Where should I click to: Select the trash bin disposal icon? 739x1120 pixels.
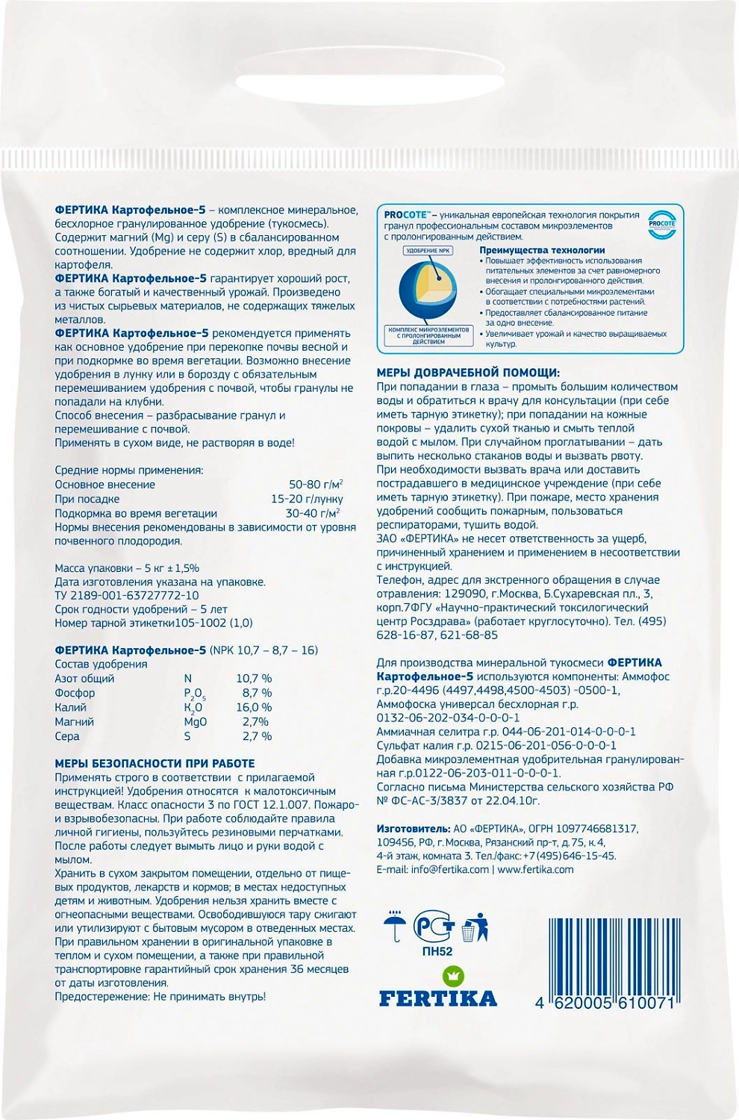(475, 927)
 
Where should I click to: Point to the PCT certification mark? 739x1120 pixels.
(434, 927)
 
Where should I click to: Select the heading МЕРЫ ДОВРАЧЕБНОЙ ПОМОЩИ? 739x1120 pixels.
(468, 373)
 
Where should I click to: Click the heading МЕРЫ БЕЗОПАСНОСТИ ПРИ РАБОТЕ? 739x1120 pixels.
(155, 763)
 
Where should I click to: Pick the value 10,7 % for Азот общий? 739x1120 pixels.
(254, 678)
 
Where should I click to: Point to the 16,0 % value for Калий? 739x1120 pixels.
(254, 707)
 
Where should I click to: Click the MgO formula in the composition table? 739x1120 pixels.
(195, 721)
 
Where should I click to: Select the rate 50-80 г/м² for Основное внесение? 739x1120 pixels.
(316, 485)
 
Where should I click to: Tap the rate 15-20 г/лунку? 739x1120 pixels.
(307, 499)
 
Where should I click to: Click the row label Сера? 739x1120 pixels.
(67, 736)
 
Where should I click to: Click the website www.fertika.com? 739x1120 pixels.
(535, 869)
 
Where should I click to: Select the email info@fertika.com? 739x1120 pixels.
(433, 869)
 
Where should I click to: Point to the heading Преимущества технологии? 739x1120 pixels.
(542, 250)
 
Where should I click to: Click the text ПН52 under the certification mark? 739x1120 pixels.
(437, 951)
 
